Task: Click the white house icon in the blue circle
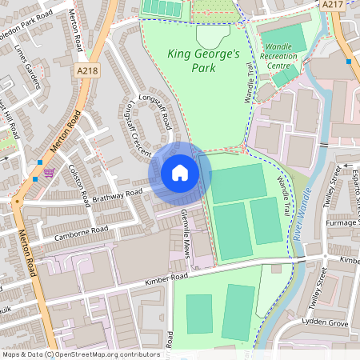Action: coord(180,173)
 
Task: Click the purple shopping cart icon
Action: coord(50,173)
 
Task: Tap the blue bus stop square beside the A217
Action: coord(349,61)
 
